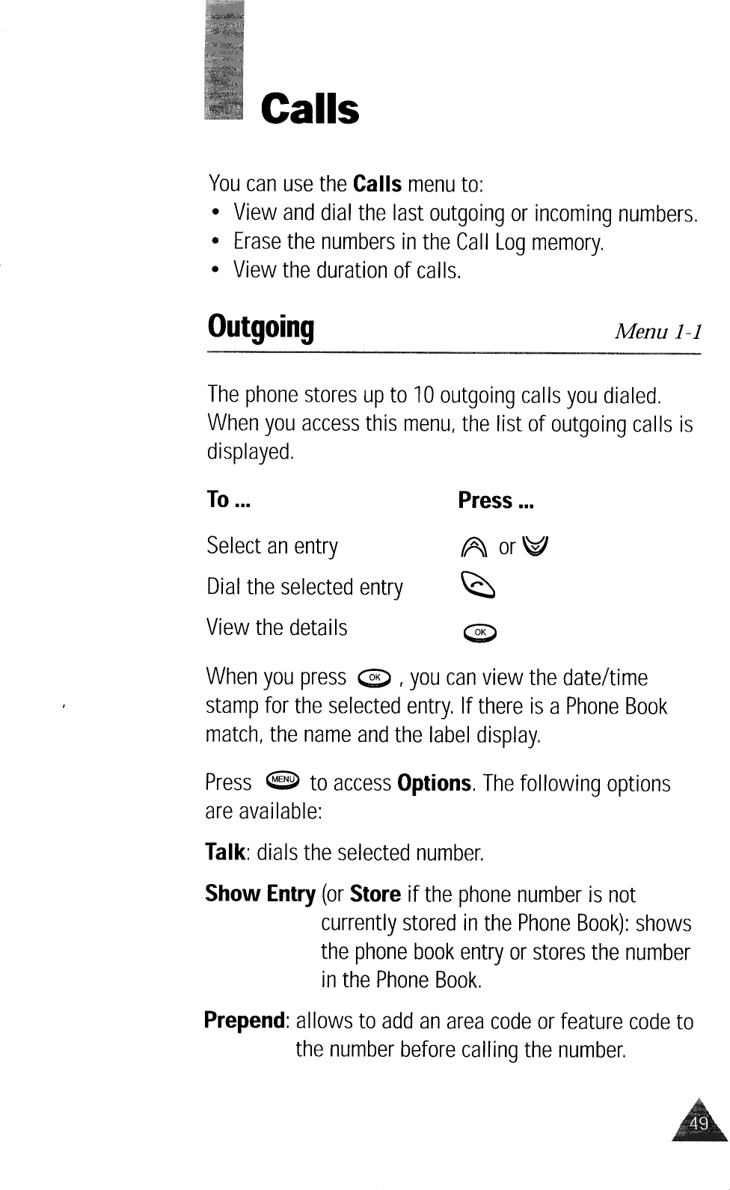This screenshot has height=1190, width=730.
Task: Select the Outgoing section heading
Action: [260, 328]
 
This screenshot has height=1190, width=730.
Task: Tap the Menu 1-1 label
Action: [657, 331]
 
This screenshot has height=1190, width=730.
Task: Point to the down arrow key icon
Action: [539, 548]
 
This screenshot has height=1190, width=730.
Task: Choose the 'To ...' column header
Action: [228, 500]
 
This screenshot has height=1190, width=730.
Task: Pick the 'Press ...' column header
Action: [496, 500]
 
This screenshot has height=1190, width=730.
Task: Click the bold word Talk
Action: [224, 853]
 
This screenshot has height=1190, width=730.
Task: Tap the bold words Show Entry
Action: [260, 894]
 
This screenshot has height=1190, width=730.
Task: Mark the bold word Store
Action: [375, 894]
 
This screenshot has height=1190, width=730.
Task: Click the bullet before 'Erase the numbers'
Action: [215, 242]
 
